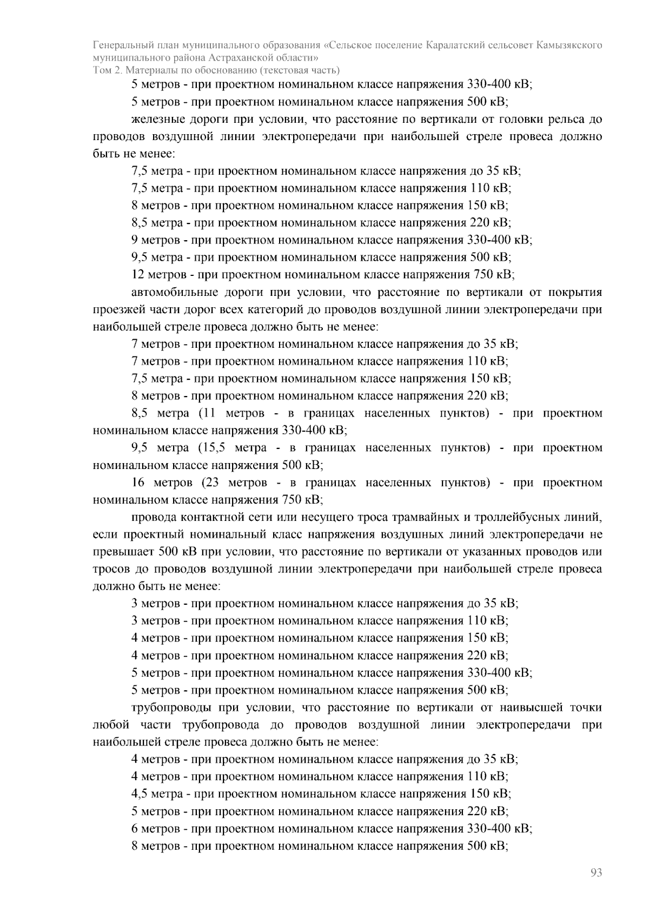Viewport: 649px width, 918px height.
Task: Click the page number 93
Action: tap(596, 873)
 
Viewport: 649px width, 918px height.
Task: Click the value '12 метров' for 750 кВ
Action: tap(155, 275)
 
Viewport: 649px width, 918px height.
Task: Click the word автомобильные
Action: tap(174, 293)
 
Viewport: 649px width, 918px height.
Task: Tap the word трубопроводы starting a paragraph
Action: tap(171, 708)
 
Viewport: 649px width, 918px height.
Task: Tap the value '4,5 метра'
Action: tap(157, 794)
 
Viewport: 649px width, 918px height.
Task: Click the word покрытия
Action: tap(575, 293)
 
